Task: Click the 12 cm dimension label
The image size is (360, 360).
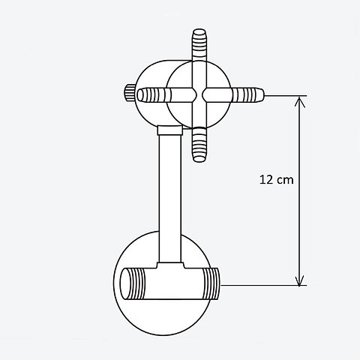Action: (276, 180)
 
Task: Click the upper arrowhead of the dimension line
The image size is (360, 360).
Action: (299, 102)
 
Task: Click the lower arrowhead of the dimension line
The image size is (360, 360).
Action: (299, 280)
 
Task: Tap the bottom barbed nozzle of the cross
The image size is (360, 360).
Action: (199, 145)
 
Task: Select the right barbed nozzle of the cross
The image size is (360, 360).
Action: (247, 95)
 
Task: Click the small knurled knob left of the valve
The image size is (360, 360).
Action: (130, 93)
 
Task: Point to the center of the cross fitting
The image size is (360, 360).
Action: (199, 95)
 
